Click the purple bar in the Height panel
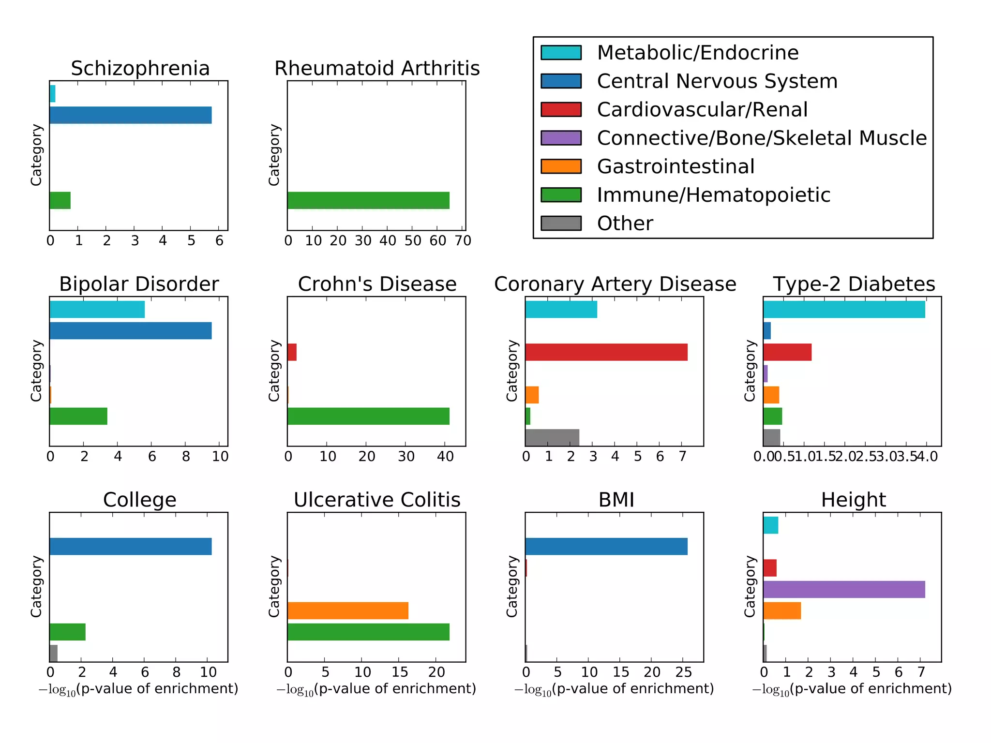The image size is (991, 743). [x=844, y=589]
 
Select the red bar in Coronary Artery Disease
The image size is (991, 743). [x=606, y=352]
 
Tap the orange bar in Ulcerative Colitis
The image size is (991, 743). [x=347, y=610]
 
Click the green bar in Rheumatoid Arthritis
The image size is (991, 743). [x=368, y=200]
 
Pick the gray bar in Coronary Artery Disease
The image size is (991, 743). [x=552, y=437]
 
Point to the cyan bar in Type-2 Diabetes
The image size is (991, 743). [x=844, y=309]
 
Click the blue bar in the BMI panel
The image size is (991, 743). [x=606, y=546]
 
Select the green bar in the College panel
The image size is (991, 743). [x=67, y=632]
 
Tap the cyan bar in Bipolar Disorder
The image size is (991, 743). [x=97, y=309]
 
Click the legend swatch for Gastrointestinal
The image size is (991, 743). [x=561, y=166]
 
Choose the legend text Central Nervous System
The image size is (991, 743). [x=717, y=81]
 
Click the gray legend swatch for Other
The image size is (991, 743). [x=561, y=223]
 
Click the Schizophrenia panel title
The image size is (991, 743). [x=140, y=68]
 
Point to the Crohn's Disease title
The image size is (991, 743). [x=377, y=284]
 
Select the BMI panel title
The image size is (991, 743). [x=616, y=500]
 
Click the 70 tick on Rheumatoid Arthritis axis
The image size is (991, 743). [x=463, y=240]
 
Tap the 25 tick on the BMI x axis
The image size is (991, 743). [x=683, y=672]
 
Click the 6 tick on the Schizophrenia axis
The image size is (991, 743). [x=219, y=240]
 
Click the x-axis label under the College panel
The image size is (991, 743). [x=138, y=689]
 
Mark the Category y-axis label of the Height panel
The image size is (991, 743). [x=750, y=586]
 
